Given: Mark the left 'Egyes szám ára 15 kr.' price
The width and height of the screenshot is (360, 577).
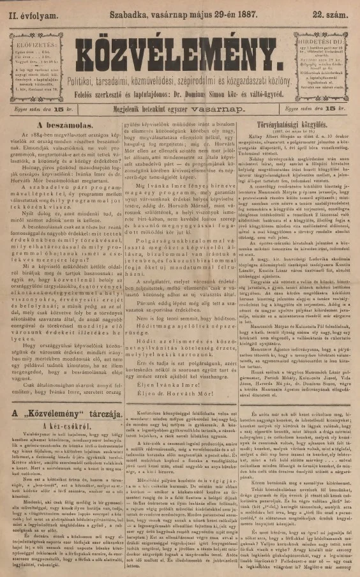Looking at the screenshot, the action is (39, 109).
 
